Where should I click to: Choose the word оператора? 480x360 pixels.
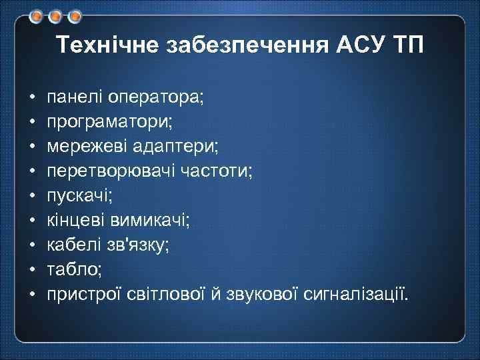[155, 97]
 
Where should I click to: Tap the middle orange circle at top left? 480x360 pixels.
[55, 15]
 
